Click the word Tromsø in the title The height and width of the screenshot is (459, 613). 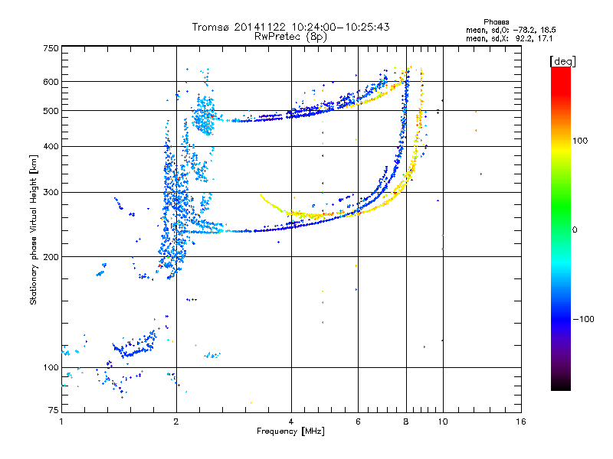211,27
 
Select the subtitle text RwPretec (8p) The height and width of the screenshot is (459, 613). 290,37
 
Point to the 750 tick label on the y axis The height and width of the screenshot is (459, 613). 51,48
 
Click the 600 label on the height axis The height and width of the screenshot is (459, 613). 51,82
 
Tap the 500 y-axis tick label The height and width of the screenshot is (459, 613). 51,111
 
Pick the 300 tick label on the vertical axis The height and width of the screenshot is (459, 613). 51,193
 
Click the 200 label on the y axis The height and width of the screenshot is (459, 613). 51,257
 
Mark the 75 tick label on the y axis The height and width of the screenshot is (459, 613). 54,410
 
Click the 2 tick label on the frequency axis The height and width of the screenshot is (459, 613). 176,422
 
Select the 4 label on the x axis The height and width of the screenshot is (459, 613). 291,422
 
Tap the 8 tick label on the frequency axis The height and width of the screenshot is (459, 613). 406,422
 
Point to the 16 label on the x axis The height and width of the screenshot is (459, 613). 521,422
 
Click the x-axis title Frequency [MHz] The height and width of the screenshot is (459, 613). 290,431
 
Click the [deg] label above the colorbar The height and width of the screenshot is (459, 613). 562,61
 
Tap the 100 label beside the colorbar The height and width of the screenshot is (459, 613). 580,141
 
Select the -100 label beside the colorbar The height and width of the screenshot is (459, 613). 583,319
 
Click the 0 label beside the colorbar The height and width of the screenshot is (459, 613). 575,230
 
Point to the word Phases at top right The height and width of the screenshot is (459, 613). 496,22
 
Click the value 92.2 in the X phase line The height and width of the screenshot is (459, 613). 523,39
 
